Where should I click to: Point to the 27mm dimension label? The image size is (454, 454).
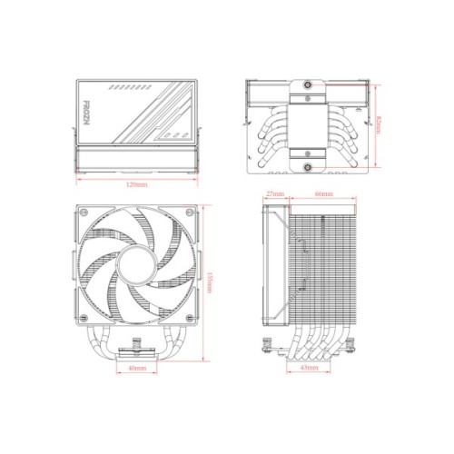pyautogui.click(x=275, y=194)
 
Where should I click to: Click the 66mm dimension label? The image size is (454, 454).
pyautogui.click(x=323, y=194)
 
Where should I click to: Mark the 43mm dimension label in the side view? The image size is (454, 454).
pyautogui.click(x=310, y=370)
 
